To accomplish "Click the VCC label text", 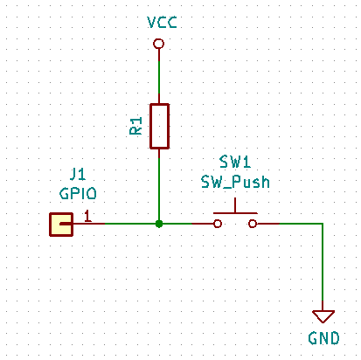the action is [162, 22].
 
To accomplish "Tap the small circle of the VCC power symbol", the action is [158, 44].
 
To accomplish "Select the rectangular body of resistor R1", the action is [159, 126].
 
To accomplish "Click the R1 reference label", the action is [135, 126].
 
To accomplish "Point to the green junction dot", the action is [159, 224].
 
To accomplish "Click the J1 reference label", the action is [78, 174].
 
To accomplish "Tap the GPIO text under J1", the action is [78, 193].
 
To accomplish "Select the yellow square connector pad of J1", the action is [61, 224].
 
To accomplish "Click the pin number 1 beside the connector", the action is [87, 216].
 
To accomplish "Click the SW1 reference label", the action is [235, 162].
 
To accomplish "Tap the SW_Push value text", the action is [235, 182].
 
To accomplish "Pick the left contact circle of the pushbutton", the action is [218, 224].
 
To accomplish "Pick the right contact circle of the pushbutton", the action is [253, 224].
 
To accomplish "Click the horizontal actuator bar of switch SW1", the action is [235, 213].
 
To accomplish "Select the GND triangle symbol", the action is [323, 316].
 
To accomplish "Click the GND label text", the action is [323, 338].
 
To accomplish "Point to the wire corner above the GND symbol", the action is [323, 224].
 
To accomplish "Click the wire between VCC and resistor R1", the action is [159, 76].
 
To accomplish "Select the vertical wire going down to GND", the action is [323, 267].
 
